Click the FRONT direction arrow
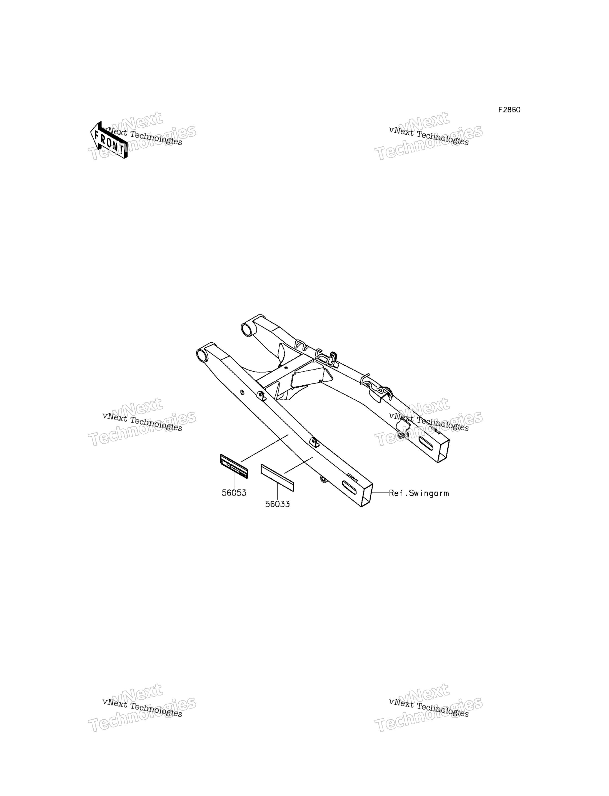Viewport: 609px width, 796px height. [109, 140]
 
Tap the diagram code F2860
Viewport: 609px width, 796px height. [509, 110]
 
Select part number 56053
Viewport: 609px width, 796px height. [234, 493]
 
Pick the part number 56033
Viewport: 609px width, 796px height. [277, 504]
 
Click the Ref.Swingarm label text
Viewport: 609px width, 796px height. [419, 493]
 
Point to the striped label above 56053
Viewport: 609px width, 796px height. [234, 466]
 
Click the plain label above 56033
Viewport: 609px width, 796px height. [277, 478]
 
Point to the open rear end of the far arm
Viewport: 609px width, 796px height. [444, 451]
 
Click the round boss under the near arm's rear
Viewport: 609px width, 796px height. [323, 479]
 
